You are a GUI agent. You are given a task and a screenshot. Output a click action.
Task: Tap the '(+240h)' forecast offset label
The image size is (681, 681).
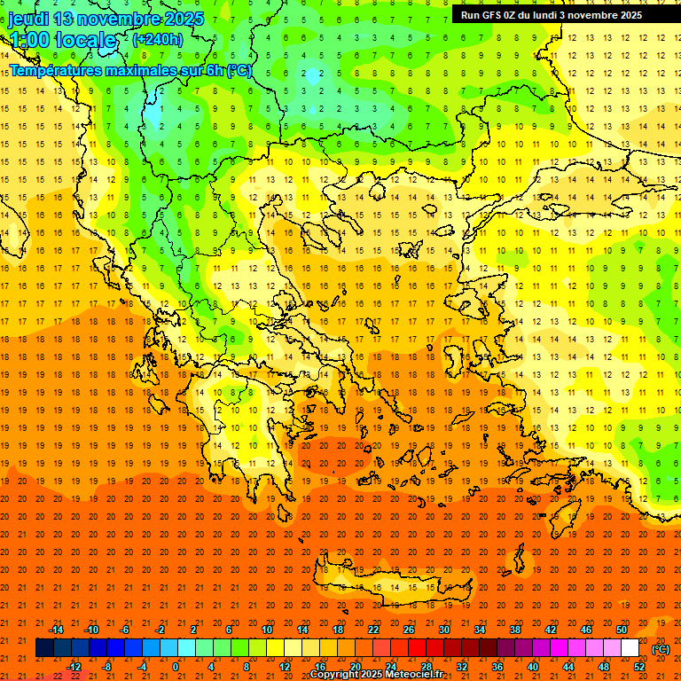click(x=157, y=39)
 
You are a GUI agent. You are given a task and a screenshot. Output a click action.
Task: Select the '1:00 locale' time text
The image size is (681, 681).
click(x=63, y=40)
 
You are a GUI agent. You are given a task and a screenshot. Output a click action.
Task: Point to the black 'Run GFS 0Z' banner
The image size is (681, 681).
click(x=558, y=15)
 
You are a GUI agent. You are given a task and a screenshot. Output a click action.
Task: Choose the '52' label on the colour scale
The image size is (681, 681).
click(x=639, y=667)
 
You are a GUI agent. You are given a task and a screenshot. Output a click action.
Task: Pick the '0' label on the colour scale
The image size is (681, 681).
click(x=176, y=667)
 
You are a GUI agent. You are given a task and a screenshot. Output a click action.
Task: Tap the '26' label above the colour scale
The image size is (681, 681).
click(x=409, y=630)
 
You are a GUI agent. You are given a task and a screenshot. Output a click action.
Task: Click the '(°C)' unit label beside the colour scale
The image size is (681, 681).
click(x=660, y=649)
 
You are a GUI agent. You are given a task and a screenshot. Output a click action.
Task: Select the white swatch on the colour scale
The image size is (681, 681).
click(x=630, y=648)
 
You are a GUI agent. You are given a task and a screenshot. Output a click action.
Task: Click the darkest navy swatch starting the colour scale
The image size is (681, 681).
click(x=45, y=648)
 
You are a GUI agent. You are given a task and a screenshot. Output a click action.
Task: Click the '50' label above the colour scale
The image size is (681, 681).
click(x=622, y=630)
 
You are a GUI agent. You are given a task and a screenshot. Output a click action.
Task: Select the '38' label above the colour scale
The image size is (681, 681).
click(x=515, y=630)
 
